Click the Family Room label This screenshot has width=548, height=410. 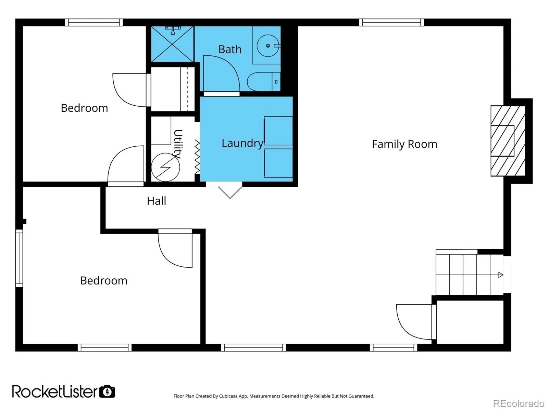404,144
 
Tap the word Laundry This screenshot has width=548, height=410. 242,143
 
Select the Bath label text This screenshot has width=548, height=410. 230,49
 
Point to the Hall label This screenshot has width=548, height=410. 156,201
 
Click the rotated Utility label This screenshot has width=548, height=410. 178,144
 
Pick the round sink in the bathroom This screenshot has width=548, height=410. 268,45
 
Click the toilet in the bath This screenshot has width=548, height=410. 264,82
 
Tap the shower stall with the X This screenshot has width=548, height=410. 172,44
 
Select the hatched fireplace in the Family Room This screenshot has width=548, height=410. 508,141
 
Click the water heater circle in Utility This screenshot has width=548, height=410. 165,167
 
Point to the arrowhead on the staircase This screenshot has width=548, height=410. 500,275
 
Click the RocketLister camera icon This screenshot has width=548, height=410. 107,391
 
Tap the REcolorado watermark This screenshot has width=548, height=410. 519,403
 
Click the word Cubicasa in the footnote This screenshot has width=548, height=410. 228,396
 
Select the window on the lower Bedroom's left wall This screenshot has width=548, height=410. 19,258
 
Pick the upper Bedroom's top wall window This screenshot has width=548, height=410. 94,23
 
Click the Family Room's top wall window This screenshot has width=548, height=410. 391,23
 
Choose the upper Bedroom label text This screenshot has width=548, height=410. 84,108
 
